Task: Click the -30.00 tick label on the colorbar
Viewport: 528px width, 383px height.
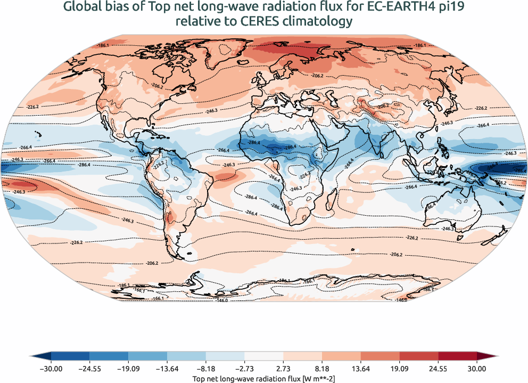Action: coord(51,368)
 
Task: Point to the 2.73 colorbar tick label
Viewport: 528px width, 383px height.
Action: coord(283,368)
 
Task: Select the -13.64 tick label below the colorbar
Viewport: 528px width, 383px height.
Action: coord(167,368)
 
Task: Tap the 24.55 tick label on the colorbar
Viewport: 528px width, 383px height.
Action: coord(438,368)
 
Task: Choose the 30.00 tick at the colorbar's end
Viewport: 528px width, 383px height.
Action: coord(477,368)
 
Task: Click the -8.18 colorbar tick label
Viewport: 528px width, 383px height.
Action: coord(206,368)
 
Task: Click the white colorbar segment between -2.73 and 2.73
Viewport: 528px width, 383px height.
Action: coord(264,355)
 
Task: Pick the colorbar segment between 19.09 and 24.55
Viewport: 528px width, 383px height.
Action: coord(419,355)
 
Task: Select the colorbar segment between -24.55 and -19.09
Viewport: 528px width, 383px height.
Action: coord(109,355)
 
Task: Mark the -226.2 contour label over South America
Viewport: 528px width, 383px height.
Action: coord(158,166)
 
